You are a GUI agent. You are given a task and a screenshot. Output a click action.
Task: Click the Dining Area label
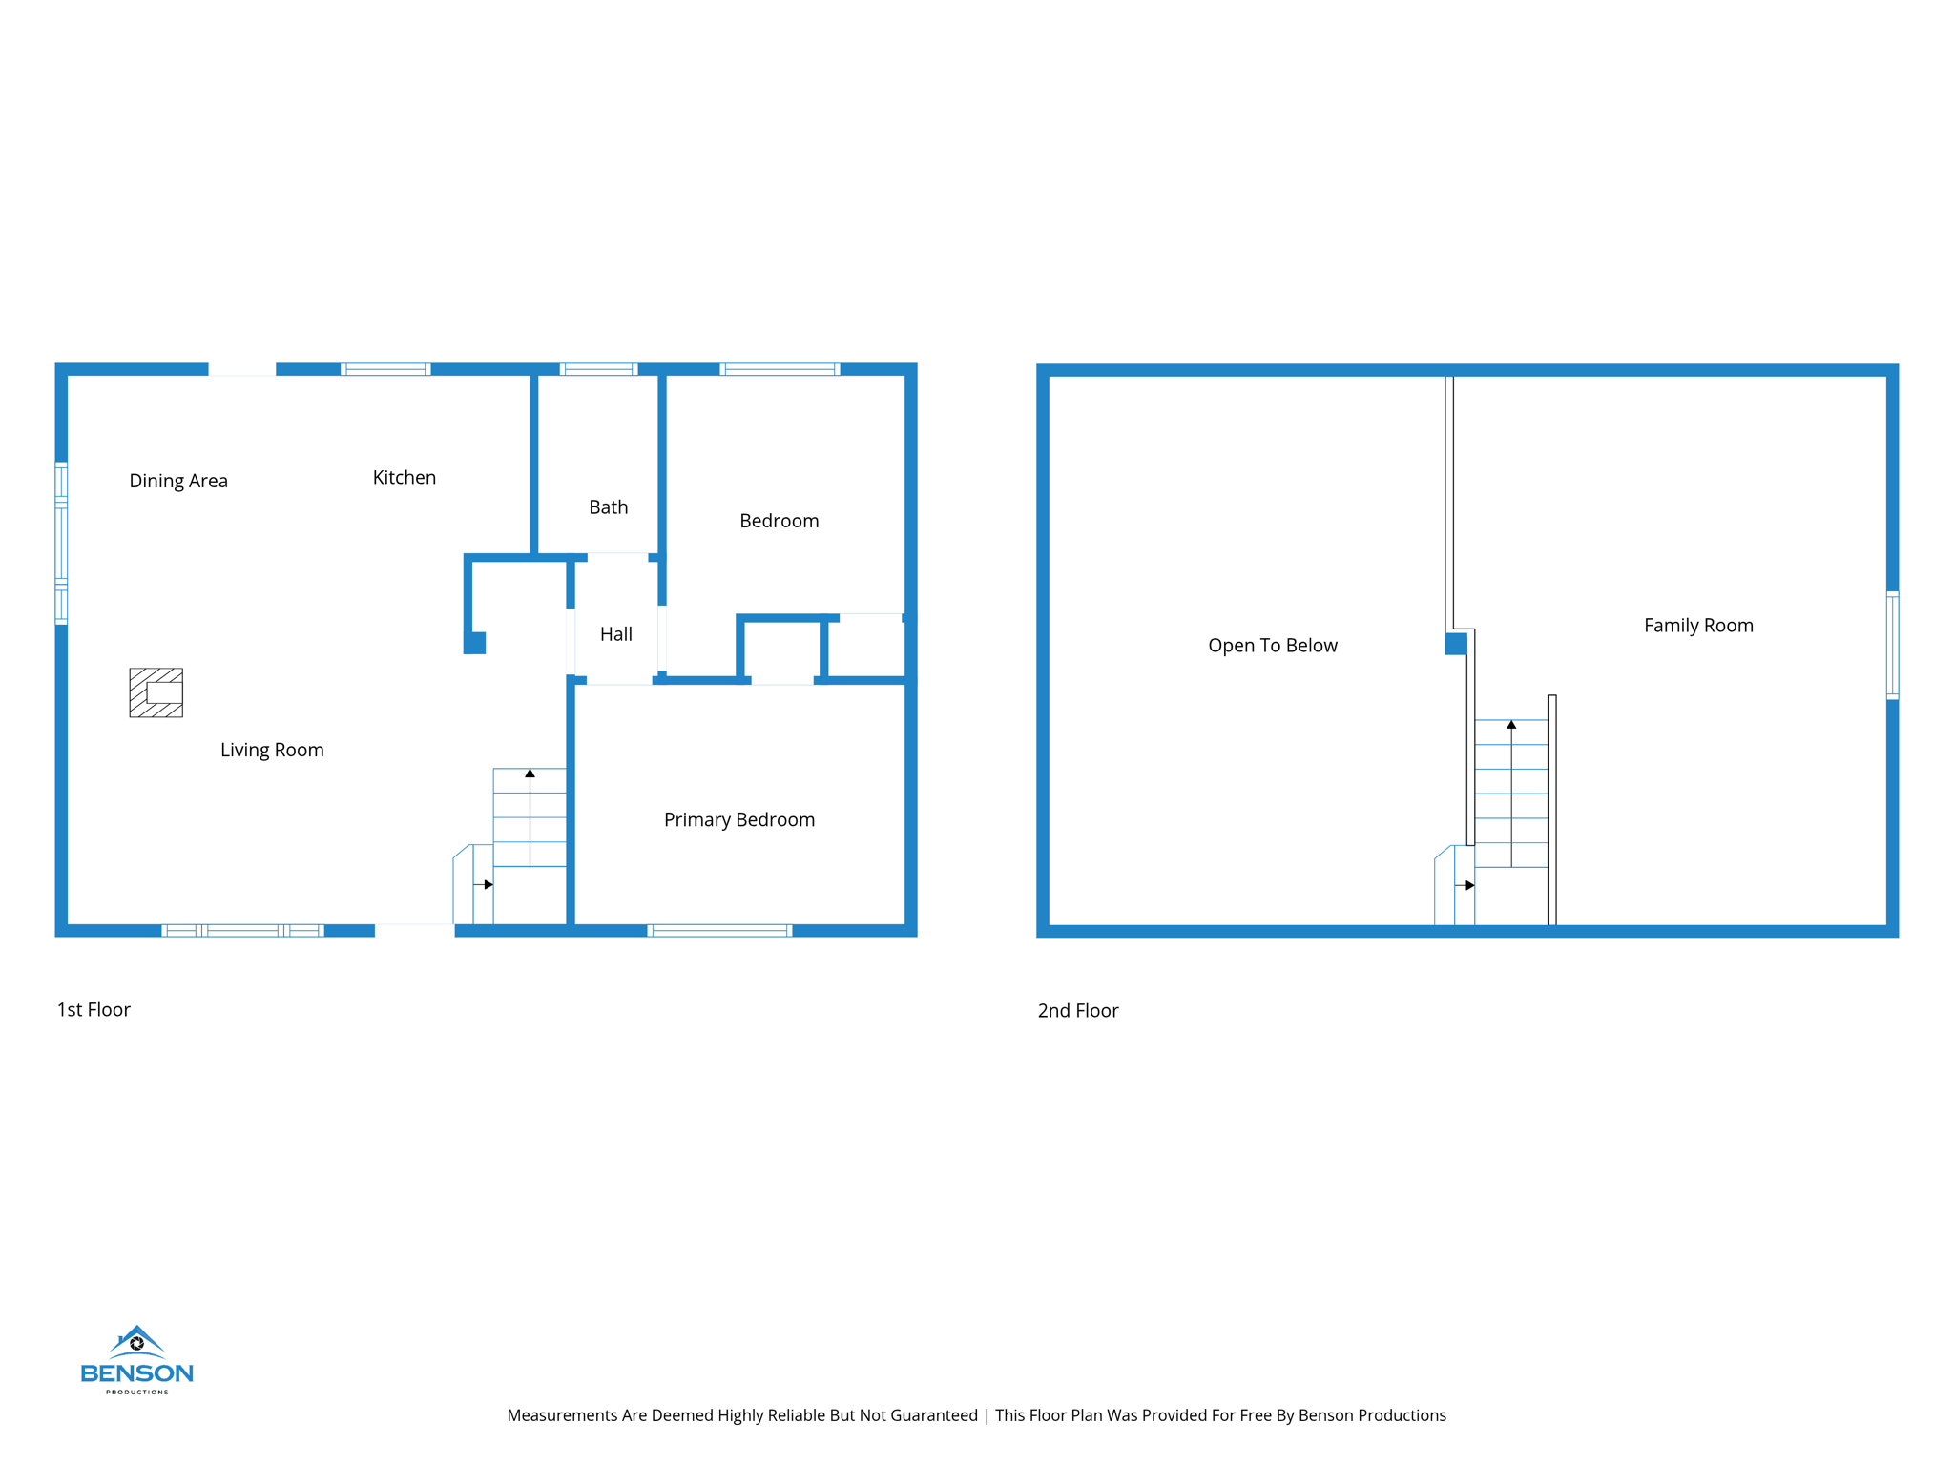coord(178,481)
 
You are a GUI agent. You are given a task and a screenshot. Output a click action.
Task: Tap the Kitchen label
coord(404,478)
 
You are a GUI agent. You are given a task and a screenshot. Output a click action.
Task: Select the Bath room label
coord(608,507)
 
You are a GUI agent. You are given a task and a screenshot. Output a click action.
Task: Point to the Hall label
coord(615,634)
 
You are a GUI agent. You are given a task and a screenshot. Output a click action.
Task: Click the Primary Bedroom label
coord(738,820)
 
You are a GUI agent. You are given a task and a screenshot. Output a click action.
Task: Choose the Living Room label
coord(272,751)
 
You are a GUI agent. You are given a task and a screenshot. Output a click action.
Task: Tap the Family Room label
coord(1697,626)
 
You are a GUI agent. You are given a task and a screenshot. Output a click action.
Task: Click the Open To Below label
coord(1272,646)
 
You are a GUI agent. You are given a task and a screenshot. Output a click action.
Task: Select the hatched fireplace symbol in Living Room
coord(156,692)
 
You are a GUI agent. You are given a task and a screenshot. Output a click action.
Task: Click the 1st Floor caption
coord(94,1010)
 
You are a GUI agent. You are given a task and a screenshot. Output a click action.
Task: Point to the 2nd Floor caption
coord(1077,1011)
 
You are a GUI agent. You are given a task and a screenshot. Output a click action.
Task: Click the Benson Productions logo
coord(136,1360)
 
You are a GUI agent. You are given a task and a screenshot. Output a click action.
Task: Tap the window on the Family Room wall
coord(1892,646)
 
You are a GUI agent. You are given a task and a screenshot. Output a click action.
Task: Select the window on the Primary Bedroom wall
coord(719,931)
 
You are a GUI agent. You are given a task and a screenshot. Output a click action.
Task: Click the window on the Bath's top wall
coord(598,369)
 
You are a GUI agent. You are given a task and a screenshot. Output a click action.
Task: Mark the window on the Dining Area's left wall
coord(61,543)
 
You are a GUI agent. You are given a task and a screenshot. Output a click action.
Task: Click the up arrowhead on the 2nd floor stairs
coord(1511,725)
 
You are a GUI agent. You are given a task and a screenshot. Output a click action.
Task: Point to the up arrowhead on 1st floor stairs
coord(530,774)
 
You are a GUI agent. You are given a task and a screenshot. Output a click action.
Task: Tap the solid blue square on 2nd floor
coord(1455,644)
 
